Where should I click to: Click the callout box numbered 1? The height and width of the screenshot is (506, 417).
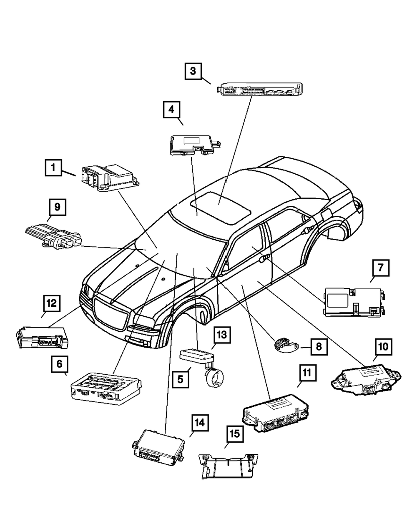tap(53, 169)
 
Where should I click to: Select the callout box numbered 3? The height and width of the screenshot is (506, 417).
tap(193, 71)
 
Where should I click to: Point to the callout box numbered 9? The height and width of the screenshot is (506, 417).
tap(57, 206)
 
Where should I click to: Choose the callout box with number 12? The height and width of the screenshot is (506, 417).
tap(51, 304)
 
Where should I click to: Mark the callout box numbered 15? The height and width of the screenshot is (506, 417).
tap(235, 433)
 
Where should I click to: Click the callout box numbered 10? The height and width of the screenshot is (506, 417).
tap(383, 346)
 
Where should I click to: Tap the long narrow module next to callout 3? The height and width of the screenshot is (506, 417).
tap(260, 90)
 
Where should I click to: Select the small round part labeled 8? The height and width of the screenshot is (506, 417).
tap(286, 345)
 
